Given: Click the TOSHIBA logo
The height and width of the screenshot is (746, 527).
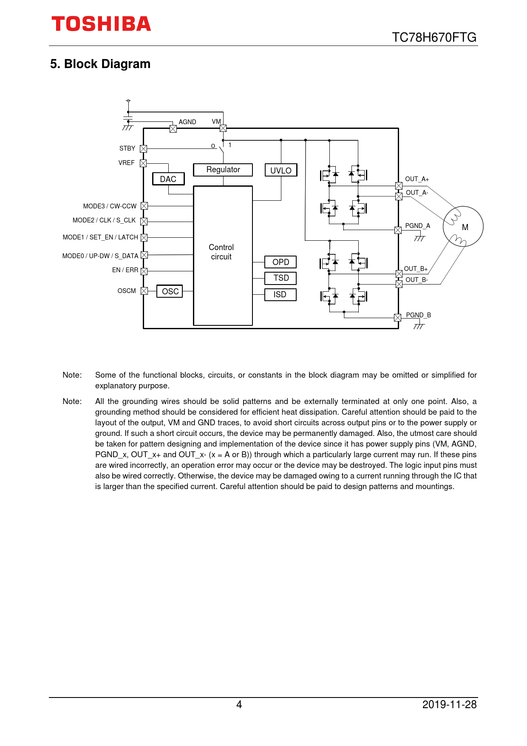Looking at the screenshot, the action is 101,24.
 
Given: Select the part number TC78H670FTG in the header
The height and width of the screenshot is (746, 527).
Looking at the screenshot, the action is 434,37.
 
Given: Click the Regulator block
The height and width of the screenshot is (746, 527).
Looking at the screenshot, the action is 223,170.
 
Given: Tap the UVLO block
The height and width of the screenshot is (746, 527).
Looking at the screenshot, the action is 281,170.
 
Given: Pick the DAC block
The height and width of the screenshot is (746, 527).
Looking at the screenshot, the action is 168,179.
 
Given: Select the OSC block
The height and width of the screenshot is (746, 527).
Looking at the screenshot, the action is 170,291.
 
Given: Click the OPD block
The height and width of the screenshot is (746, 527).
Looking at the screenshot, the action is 280,262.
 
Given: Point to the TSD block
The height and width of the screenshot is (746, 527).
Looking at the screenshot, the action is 280,278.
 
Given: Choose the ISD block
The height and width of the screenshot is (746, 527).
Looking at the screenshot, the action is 280,294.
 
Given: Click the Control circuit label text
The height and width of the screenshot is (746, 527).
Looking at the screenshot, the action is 221,252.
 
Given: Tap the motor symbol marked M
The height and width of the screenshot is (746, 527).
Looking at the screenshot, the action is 463,227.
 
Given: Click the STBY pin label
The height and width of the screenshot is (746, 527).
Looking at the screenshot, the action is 127,148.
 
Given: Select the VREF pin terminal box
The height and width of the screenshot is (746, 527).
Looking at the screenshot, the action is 143,163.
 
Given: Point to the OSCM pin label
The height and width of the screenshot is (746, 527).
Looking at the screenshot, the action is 127,291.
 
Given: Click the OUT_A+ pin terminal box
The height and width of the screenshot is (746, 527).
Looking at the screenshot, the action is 399,186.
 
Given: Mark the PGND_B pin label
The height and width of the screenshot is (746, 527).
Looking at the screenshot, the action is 418,315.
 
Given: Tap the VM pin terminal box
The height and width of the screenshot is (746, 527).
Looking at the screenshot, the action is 223,128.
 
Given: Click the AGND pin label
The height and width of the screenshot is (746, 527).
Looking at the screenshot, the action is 187,122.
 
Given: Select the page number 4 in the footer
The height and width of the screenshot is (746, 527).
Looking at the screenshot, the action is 239,705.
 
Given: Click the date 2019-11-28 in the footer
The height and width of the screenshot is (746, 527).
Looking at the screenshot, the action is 449,705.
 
